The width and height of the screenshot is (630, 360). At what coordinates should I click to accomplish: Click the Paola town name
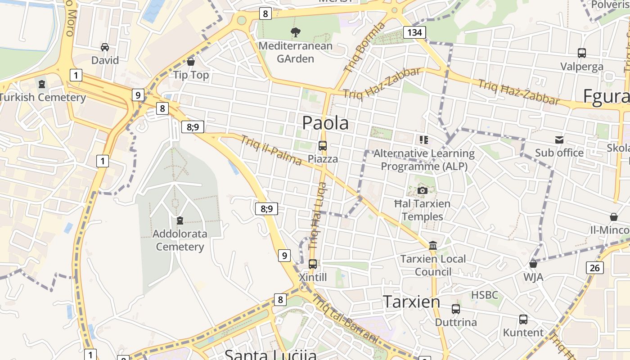coord(325,123)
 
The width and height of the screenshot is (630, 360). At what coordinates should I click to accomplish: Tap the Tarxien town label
coord(411,301)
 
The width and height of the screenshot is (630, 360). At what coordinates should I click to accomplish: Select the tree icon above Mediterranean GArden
coord(296,32)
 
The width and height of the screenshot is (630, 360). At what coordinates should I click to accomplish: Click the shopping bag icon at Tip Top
coord(191,62)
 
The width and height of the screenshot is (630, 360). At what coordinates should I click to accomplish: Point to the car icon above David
coord(105,47)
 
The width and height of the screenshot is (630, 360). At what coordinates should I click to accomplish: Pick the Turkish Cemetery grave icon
coord(42,84)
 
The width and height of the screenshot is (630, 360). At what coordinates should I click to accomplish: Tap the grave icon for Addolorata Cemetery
coord(180,220)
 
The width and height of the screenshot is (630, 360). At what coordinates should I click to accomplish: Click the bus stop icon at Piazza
coord(323,146)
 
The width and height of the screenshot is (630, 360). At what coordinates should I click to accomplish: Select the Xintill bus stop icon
coord(313,264)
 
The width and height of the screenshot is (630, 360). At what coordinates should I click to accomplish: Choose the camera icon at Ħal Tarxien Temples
coord(422,190)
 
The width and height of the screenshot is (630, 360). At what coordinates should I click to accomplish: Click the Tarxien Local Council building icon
coord(433,246)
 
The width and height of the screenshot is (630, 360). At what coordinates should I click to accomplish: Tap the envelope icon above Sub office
coord(559,140)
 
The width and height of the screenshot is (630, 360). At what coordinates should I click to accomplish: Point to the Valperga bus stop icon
coord(582,53)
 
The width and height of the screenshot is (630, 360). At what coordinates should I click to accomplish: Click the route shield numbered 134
coord(414,32)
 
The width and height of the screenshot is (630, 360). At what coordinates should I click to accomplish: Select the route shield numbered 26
coord(595,268)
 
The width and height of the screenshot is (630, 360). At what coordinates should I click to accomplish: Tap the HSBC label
coord(485,295)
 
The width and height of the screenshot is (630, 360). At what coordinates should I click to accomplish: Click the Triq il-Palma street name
coord(271,150)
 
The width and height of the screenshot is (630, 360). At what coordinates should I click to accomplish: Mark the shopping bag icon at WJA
coord(533,264)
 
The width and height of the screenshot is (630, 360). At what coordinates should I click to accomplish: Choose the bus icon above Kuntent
coord(523,319)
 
